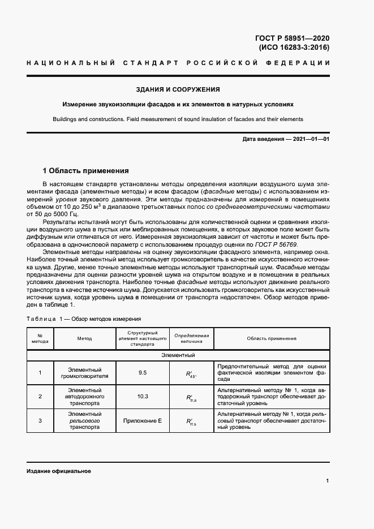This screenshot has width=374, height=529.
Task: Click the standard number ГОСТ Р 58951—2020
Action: [x=293, y=38]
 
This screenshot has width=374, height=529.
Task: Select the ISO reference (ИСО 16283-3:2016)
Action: [x=294, y=48]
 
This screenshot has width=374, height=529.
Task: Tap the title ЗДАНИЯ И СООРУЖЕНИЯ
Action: [x=178, y=89]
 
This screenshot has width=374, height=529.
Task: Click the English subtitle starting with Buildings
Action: [x=178, y=119]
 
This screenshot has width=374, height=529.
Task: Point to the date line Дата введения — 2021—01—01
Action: [x=285, y=139]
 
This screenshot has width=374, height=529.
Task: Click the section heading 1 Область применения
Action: [x=86, y=170]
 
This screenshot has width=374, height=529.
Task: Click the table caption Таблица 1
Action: [x=84, y=319]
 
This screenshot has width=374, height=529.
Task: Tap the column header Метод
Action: [x=84, y=338]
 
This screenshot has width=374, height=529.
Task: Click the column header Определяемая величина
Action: [x=191, y=338]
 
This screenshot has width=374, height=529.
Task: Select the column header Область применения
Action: [x=272, y=338]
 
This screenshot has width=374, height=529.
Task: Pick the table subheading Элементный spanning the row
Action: [x=178, y=355]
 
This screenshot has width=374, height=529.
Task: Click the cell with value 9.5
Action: [x=142, y=373]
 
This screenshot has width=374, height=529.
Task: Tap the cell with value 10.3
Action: [x=143, y=397]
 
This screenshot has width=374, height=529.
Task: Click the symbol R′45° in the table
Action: [x=191, y=373]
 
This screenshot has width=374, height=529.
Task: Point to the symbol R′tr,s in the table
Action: [x=191, y=397]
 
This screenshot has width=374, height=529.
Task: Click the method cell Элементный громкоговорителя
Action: [x=84, y=373]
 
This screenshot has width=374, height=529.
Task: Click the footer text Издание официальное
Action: [x=58, y=471]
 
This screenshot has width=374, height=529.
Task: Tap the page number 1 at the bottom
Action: [x=328, y=481]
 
